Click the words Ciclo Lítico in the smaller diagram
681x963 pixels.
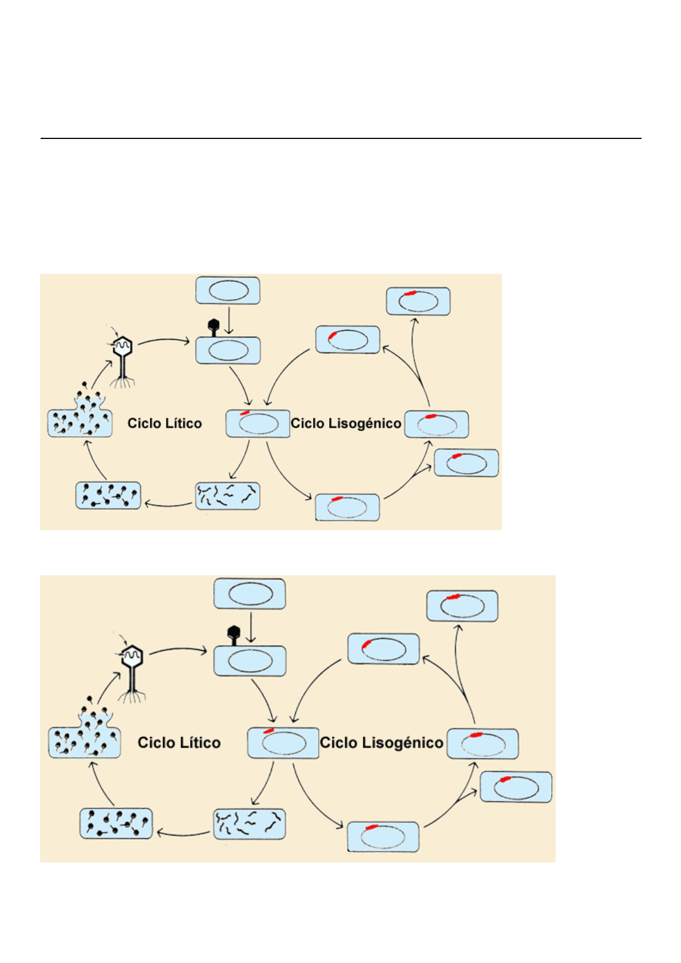[x=164, y=423]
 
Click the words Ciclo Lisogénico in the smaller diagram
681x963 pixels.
[x=346, y=423]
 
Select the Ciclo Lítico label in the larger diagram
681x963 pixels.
[x=179, y=742]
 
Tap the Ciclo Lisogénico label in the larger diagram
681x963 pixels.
[x=381, y=742]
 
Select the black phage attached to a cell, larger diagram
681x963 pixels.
[x=233, y=634]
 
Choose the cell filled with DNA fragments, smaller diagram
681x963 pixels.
[x=228, y=496]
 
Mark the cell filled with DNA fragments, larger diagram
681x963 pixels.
[x=250, y=823]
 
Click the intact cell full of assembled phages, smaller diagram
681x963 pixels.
[x=108, y=495]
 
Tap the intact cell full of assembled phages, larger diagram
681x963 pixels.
[x=116, y=823]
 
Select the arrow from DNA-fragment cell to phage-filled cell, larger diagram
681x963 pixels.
[x=183, y=833]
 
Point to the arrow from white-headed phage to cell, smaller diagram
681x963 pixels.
[x=164, y=341]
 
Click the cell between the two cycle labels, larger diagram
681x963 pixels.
[x=283, y=743]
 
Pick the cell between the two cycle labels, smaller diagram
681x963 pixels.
[x=258, y=424]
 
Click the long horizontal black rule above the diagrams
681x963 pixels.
[x=340, y=138]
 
